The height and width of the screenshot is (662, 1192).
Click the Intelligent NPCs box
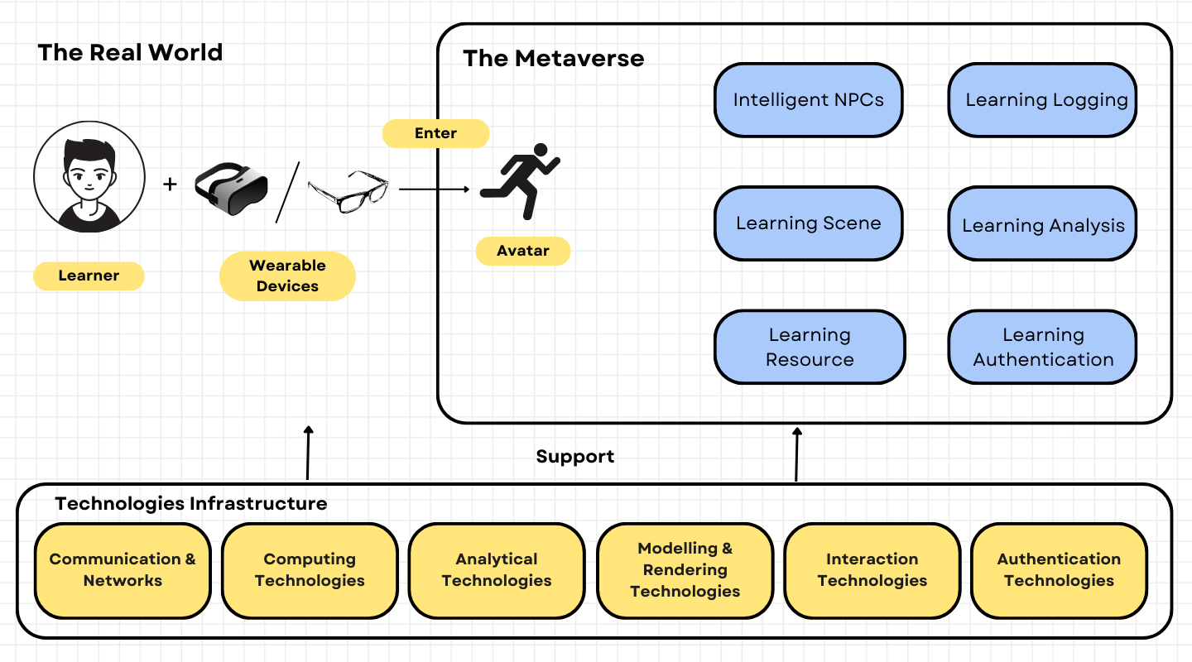808,100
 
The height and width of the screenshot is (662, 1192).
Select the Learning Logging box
1042,100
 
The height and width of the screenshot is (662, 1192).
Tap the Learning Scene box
808,223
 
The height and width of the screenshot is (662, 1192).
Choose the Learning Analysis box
1042,224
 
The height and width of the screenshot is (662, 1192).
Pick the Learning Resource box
809,347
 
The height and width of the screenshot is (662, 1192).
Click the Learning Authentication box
1042,347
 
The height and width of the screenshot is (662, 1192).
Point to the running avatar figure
519,181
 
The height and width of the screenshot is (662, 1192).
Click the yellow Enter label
435,133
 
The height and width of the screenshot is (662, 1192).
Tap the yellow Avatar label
523,251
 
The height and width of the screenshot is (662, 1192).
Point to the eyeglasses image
348,190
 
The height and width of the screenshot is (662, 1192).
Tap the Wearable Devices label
287,276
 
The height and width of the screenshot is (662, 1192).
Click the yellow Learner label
89,276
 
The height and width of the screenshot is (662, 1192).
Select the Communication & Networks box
123,570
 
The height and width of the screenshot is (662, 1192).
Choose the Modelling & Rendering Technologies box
685,570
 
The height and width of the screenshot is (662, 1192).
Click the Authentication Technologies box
1059,570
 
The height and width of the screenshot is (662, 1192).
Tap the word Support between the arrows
574,456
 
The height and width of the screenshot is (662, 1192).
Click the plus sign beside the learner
170,184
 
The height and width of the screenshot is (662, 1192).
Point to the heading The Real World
130,52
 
